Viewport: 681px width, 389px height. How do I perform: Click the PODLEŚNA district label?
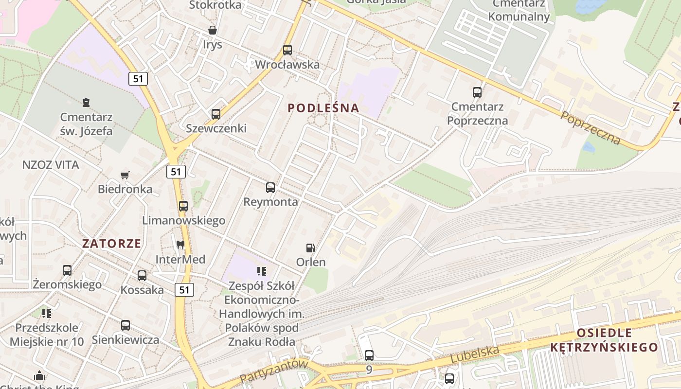323,108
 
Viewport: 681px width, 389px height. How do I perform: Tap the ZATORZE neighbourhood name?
111,244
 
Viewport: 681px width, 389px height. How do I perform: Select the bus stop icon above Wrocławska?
287,50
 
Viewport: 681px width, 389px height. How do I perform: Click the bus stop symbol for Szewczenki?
216,114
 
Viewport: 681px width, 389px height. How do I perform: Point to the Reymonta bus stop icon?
270,188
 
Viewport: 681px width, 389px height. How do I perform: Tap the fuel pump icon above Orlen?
310,248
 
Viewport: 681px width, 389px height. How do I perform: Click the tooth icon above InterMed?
180,245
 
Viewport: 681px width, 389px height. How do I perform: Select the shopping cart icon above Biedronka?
125,175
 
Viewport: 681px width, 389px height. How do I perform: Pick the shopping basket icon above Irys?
213,30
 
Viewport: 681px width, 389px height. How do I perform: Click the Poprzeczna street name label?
591,128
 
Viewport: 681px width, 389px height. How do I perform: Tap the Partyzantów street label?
274,371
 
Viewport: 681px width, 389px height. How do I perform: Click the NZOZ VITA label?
51,165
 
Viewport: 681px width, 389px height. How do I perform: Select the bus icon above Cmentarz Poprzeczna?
477,92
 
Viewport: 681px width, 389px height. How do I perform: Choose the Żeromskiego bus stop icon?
67,270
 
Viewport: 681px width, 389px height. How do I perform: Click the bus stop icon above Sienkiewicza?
125,325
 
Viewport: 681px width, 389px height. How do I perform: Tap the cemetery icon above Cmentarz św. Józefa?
86,103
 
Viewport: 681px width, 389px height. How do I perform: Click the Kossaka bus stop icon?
142,276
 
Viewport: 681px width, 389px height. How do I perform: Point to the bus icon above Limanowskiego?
183,206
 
